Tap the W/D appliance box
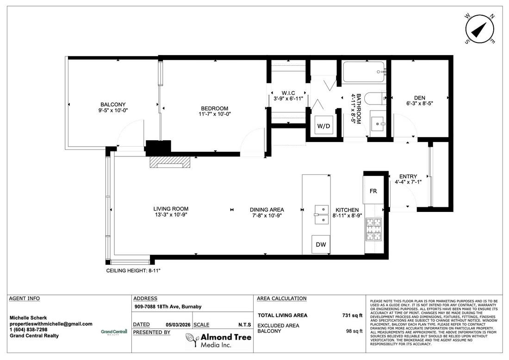323,125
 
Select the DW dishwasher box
321,244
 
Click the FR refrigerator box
373,191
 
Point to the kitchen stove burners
373,230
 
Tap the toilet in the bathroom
375,99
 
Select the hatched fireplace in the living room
170,162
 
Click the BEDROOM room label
215,108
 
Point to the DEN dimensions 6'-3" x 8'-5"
419,104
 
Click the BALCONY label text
113,105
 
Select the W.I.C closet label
288,93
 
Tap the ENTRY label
408,176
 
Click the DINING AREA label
267,210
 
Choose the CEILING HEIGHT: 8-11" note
133,270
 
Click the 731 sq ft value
352,315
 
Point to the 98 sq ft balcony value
354,331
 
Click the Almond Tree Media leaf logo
192,340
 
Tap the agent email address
51,323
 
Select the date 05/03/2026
178,325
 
